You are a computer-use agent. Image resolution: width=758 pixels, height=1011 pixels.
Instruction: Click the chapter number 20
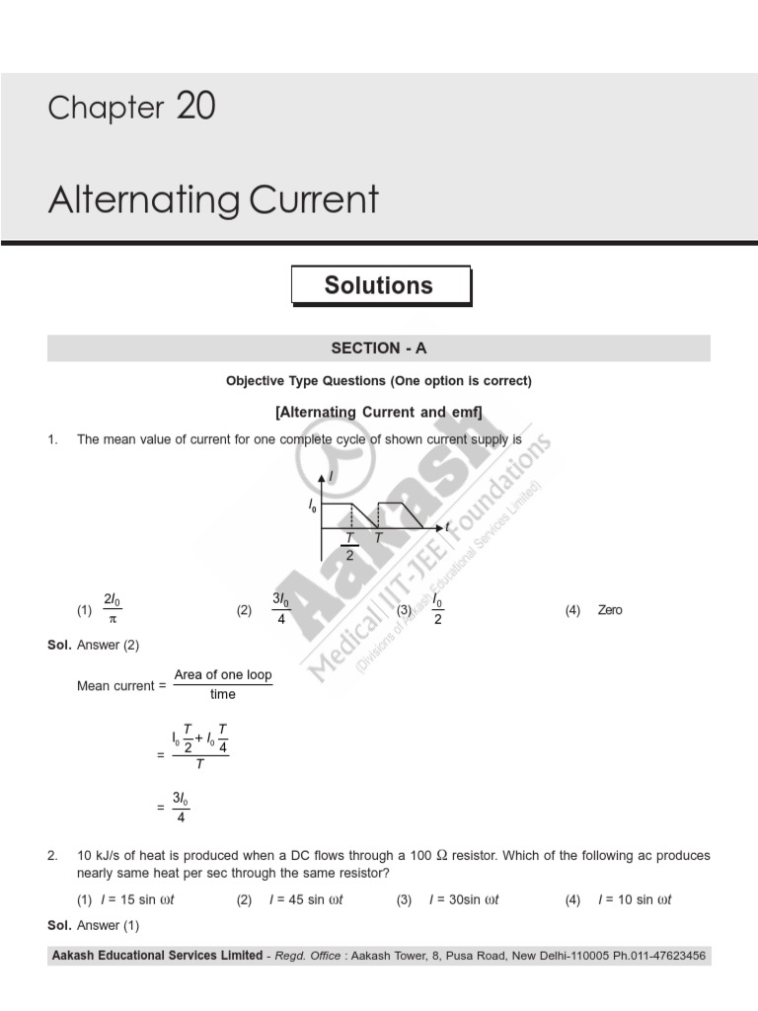pyautogui.click(x=196, y=106)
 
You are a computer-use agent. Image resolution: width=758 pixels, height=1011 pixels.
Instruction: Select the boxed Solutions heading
pyautogui.click(x=379, y=285)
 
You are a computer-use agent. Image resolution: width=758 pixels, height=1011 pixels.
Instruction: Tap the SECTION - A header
pyautogui.click(x=379, y=349)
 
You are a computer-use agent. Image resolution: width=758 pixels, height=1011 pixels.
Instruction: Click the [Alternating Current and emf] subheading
pyautogui.click(x=379, y=412)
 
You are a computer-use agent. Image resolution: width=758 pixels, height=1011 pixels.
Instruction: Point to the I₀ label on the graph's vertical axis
pyautogui.click(x=313, y=505)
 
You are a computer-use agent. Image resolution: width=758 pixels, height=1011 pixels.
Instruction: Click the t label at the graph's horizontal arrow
pyautogui.click(x=447, y=527)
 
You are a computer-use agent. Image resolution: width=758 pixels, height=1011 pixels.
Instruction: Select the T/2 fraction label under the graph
pyautogui.click(x=349, y=546)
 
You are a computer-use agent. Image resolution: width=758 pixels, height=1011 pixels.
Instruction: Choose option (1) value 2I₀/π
pyautogui.click(x=113, y=610)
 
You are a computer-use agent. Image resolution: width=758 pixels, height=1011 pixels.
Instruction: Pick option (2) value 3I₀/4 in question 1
pyautogui.click(x=281, y=610)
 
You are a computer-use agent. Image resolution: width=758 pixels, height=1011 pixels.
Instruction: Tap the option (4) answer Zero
pyautogui.click(x=610, y=610)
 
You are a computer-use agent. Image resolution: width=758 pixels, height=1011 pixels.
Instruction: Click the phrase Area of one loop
pyautogui.click(x=223, y=675)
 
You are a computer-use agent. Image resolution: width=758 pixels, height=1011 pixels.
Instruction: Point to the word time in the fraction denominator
pyautogui.click(x=223, y=695)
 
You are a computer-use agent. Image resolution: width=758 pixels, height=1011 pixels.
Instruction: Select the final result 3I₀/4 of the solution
pyautogui.click(x=181, y=806)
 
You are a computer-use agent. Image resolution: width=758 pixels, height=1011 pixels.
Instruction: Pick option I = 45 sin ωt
pyautogui.click(x=306, y=899)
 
